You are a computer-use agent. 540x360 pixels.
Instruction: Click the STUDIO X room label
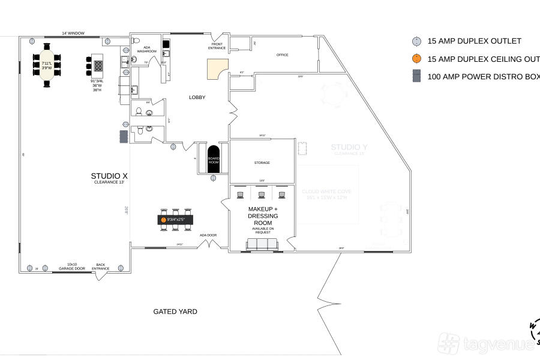click(109, 176)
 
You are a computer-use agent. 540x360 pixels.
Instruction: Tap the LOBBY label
click(197, 97)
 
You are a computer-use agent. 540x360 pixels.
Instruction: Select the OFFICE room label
click(282, 55)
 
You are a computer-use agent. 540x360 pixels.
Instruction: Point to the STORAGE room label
click(262, 163)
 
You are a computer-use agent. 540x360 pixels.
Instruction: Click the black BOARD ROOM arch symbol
click(214, 159)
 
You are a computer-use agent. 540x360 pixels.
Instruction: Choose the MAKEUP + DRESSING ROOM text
click(263, 215)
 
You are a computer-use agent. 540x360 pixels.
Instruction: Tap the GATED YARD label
click(175, 311)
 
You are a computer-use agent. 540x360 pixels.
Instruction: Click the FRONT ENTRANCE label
click(217, 46)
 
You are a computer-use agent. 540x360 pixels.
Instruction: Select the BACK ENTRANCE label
click(101, 266)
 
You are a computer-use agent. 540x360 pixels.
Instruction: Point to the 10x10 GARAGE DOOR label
click(72, 266)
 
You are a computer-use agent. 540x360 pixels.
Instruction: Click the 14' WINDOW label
click(73, 34)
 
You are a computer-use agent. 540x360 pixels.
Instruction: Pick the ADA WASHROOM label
click(146, 50)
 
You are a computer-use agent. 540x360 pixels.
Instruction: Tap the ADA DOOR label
click(208, 235)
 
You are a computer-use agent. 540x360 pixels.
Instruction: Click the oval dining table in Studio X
click(47, 66)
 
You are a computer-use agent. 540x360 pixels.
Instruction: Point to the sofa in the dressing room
click(263, 244)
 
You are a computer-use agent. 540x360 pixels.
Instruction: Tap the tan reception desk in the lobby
click(217, 69)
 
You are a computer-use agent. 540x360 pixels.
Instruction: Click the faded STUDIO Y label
click(349, 147)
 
